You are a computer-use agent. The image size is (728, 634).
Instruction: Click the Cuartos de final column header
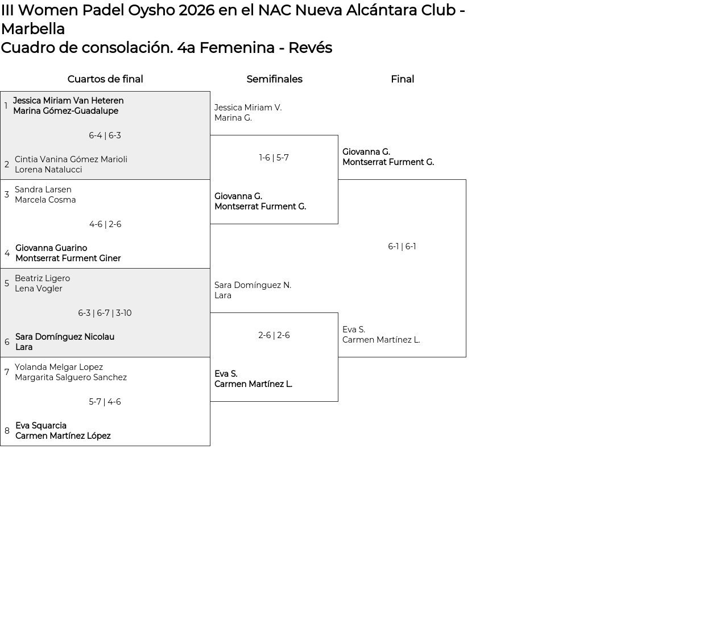coord(105,79)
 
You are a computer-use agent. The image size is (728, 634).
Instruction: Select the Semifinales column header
coord(274,79)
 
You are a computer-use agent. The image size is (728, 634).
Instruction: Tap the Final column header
coord(402,79)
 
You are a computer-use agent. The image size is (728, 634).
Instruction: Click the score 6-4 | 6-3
coord(105,135)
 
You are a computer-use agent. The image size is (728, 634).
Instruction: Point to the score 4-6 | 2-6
coord(105,224)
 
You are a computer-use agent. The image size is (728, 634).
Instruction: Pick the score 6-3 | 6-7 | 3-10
coord(105,313)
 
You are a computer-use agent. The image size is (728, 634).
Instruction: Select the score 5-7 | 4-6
coord(105,402)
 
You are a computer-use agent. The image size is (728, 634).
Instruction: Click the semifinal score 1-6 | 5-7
coord(274,157)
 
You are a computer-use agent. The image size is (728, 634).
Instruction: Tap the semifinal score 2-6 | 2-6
coord(274,335)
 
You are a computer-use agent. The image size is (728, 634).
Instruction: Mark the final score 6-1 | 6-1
coord(402,246)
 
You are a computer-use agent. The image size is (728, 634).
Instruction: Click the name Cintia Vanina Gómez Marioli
coord(71,159)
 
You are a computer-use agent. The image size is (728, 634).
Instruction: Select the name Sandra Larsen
coord(43,190)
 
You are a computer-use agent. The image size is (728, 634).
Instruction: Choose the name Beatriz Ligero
coord(42,278)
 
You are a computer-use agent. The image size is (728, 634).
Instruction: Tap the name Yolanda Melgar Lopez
coord(59,367)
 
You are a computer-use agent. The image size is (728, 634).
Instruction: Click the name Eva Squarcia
coord(41,425)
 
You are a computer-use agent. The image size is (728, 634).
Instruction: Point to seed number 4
coord(7,253)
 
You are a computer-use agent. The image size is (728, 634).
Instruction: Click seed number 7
coord(7,372)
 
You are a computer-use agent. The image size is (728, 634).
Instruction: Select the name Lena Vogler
coord(39,289)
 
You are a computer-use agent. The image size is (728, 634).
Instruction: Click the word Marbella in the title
coord(33,29)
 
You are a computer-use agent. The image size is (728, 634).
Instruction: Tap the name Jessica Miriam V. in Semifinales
coord(248,108)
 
